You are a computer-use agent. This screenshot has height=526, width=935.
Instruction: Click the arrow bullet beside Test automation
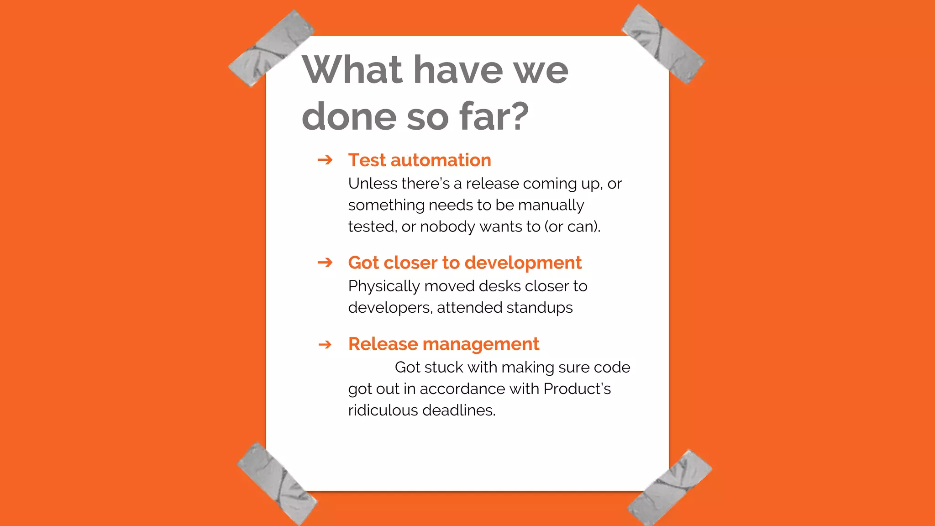325,160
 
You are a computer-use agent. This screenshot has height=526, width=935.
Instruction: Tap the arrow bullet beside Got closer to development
325,263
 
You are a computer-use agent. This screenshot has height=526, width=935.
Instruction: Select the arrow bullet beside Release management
325,344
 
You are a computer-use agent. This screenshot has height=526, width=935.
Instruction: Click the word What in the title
352,70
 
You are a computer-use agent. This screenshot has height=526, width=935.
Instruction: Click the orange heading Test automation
419,160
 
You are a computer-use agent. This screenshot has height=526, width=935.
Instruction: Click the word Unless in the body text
373,184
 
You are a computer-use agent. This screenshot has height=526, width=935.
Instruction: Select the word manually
551,205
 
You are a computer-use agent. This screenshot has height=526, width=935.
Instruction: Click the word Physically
384,286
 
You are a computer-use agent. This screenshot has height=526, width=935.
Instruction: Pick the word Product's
577,389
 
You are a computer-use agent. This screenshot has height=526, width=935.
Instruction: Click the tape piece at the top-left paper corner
271,48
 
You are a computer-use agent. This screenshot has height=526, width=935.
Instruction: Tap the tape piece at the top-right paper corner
663,44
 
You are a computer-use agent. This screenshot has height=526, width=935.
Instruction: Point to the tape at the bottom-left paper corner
277,484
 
